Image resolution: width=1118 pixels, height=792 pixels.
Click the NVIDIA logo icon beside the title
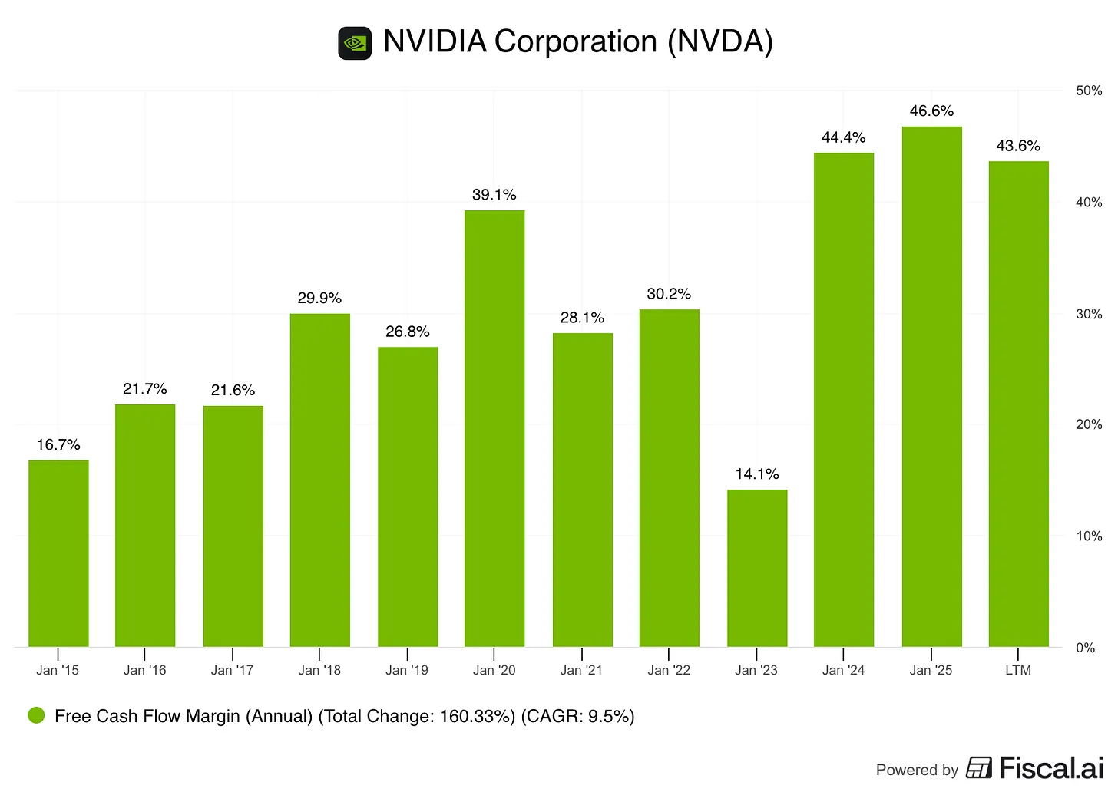(355, 43)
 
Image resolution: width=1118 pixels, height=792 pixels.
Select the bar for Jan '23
(757, 568)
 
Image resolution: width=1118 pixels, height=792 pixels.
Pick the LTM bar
(1018, 404)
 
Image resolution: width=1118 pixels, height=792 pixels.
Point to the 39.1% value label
(494, 195)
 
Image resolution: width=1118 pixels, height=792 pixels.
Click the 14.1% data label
(757, 474)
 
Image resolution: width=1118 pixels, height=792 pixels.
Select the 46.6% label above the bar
(931, 111)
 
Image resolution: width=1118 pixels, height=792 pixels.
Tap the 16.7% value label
(58, 445)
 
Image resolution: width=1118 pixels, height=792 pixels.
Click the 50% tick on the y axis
(1089, 91)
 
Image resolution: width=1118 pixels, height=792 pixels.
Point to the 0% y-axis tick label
(1085, 648)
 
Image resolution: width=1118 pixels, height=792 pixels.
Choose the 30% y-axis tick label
(1089, 314)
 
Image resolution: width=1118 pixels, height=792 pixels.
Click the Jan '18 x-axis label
(319, 670)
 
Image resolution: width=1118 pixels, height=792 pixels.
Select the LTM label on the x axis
(1018, 670)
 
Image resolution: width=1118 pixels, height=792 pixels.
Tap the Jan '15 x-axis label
(58, 670)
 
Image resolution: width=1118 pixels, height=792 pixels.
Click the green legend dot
(36, 715)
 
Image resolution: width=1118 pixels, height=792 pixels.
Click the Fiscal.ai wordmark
(1050, 768)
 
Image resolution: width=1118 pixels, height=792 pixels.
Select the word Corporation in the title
(575, 41)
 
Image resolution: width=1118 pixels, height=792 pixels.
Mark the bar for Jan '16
(145, 526)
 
